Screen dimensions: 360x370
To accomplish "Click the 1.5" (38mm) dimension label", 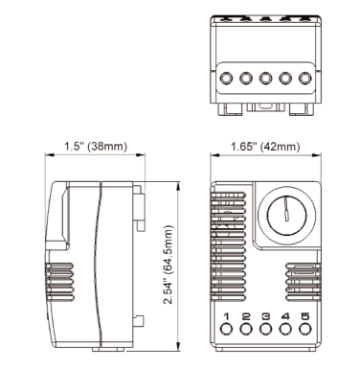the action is (x=96, y=147).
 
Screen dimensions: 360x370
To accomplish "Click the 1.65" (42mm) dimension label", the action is (x=265, y=147).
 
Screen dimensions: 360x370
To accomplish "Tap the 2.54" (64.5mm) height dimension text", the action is (x=168, y=265).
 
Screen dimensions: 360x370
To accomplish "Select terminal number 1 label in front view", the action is (x=226, y=316).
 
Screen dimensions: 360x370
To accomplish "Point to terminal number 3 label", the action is (x=265, y=316).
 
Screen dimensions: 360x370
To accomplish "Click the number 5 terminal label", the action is (x=305, y=316).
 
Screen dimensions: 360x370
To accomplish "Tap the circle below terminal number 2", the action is (x=246, y=329).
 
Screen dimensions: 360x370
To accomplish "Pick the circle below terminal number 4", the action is (x=285, y=329).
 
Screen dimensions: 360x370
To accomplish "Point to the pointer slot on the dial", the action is (x=287, y=208).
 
